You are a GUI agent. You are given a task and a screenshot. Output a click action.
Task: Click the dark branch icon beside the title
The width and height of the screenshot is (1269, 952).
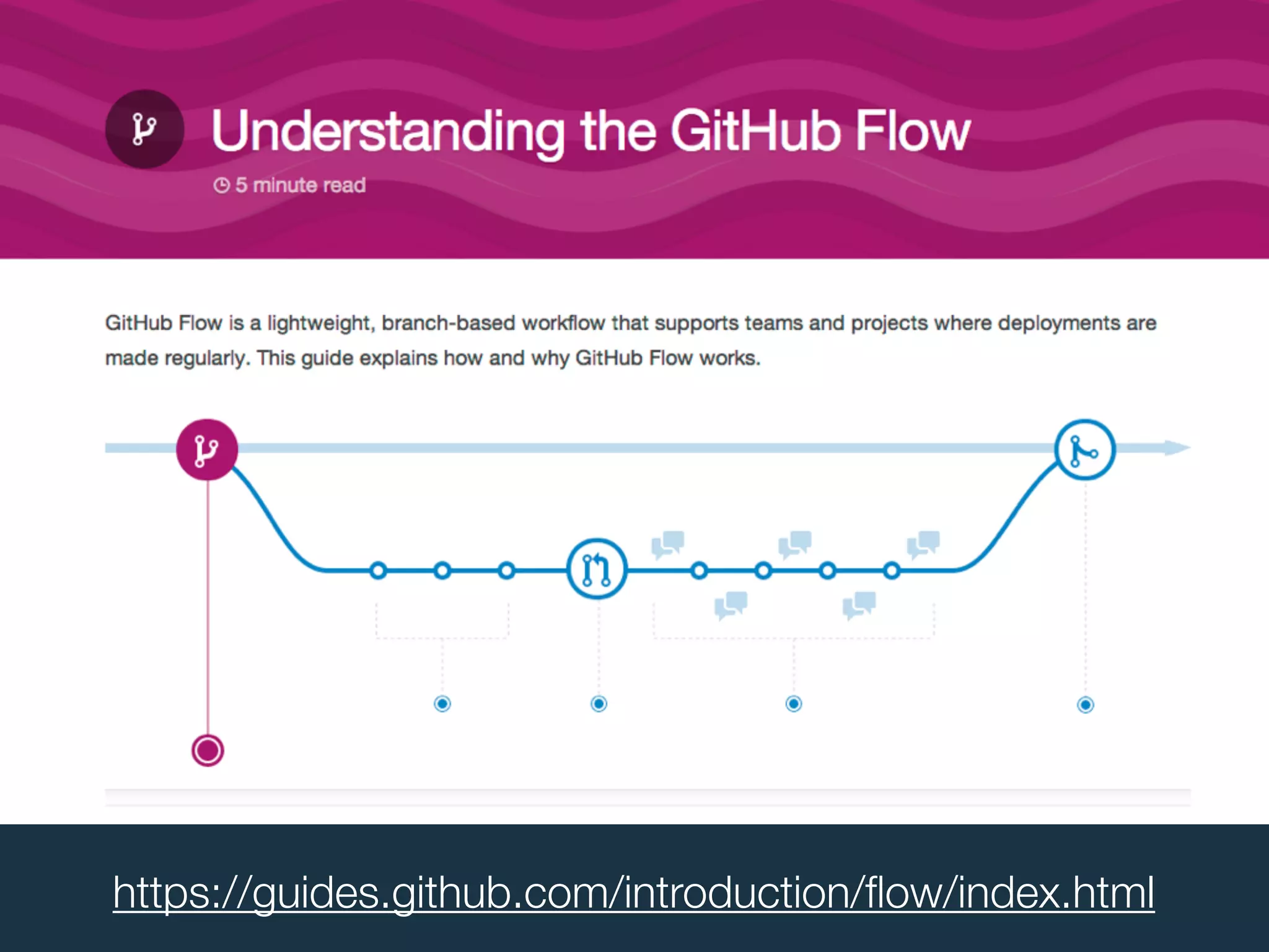(144, 129)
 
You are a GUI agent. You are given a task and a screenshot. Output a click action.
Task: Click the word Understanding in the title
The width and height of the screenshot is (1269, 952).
(387, 131)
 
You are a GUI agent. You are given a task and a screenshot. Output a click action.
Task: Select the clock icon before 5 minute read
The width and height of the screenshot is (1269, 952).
(221, 185)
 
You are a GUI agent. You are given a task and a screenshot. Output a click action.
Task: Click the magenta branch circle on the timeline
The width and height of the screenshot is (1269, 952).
(207, 449)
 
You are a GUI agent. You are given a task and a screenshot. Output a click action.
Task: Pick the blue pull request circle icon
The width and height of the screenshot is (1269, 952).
(597, 568)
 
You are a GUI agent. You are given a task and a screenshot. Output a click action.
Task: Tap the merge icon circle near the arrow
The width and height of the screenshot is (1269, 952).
(1085, 450)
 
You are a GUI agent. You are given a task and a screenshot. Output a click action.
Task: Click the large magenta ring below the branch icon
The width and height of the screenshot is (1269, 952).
(208, 751)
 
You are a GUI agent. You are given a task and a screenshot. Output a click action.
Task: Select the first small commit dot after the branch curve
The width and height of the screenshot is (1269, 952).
(378, 570)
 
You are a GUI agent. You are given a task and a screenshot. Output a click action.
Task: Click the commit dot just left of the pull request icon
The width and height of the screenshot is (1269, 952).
(506, 570)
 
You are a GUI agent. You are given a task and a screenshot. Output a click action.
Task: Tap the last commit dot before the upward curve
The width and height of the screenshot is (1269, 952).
(892, 570)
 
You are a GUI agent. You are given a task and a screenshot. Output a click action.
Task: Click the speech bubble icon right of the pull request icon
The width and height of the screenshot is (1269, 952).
(668, 544)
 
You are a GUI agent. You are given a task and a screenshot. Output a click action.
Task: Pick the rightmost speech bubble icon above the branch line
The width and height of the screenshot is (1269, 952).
(923, 544)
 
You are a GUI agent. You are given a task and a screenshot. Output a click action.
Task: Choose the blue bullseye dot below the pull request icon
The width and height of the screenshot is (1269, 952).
(599, 703)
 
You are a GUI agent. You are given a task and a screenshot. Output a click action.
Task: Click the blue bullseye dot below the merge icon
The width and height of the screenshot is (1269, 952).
(1086, 705)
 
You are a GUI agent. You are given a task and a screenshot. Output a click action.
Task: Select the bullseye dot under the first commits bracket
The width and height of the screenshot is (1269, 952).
(442, 703)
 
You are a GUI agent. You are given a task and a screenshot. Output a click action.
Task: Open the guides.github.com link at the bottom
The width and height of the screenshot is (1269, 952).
(633, 892)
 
